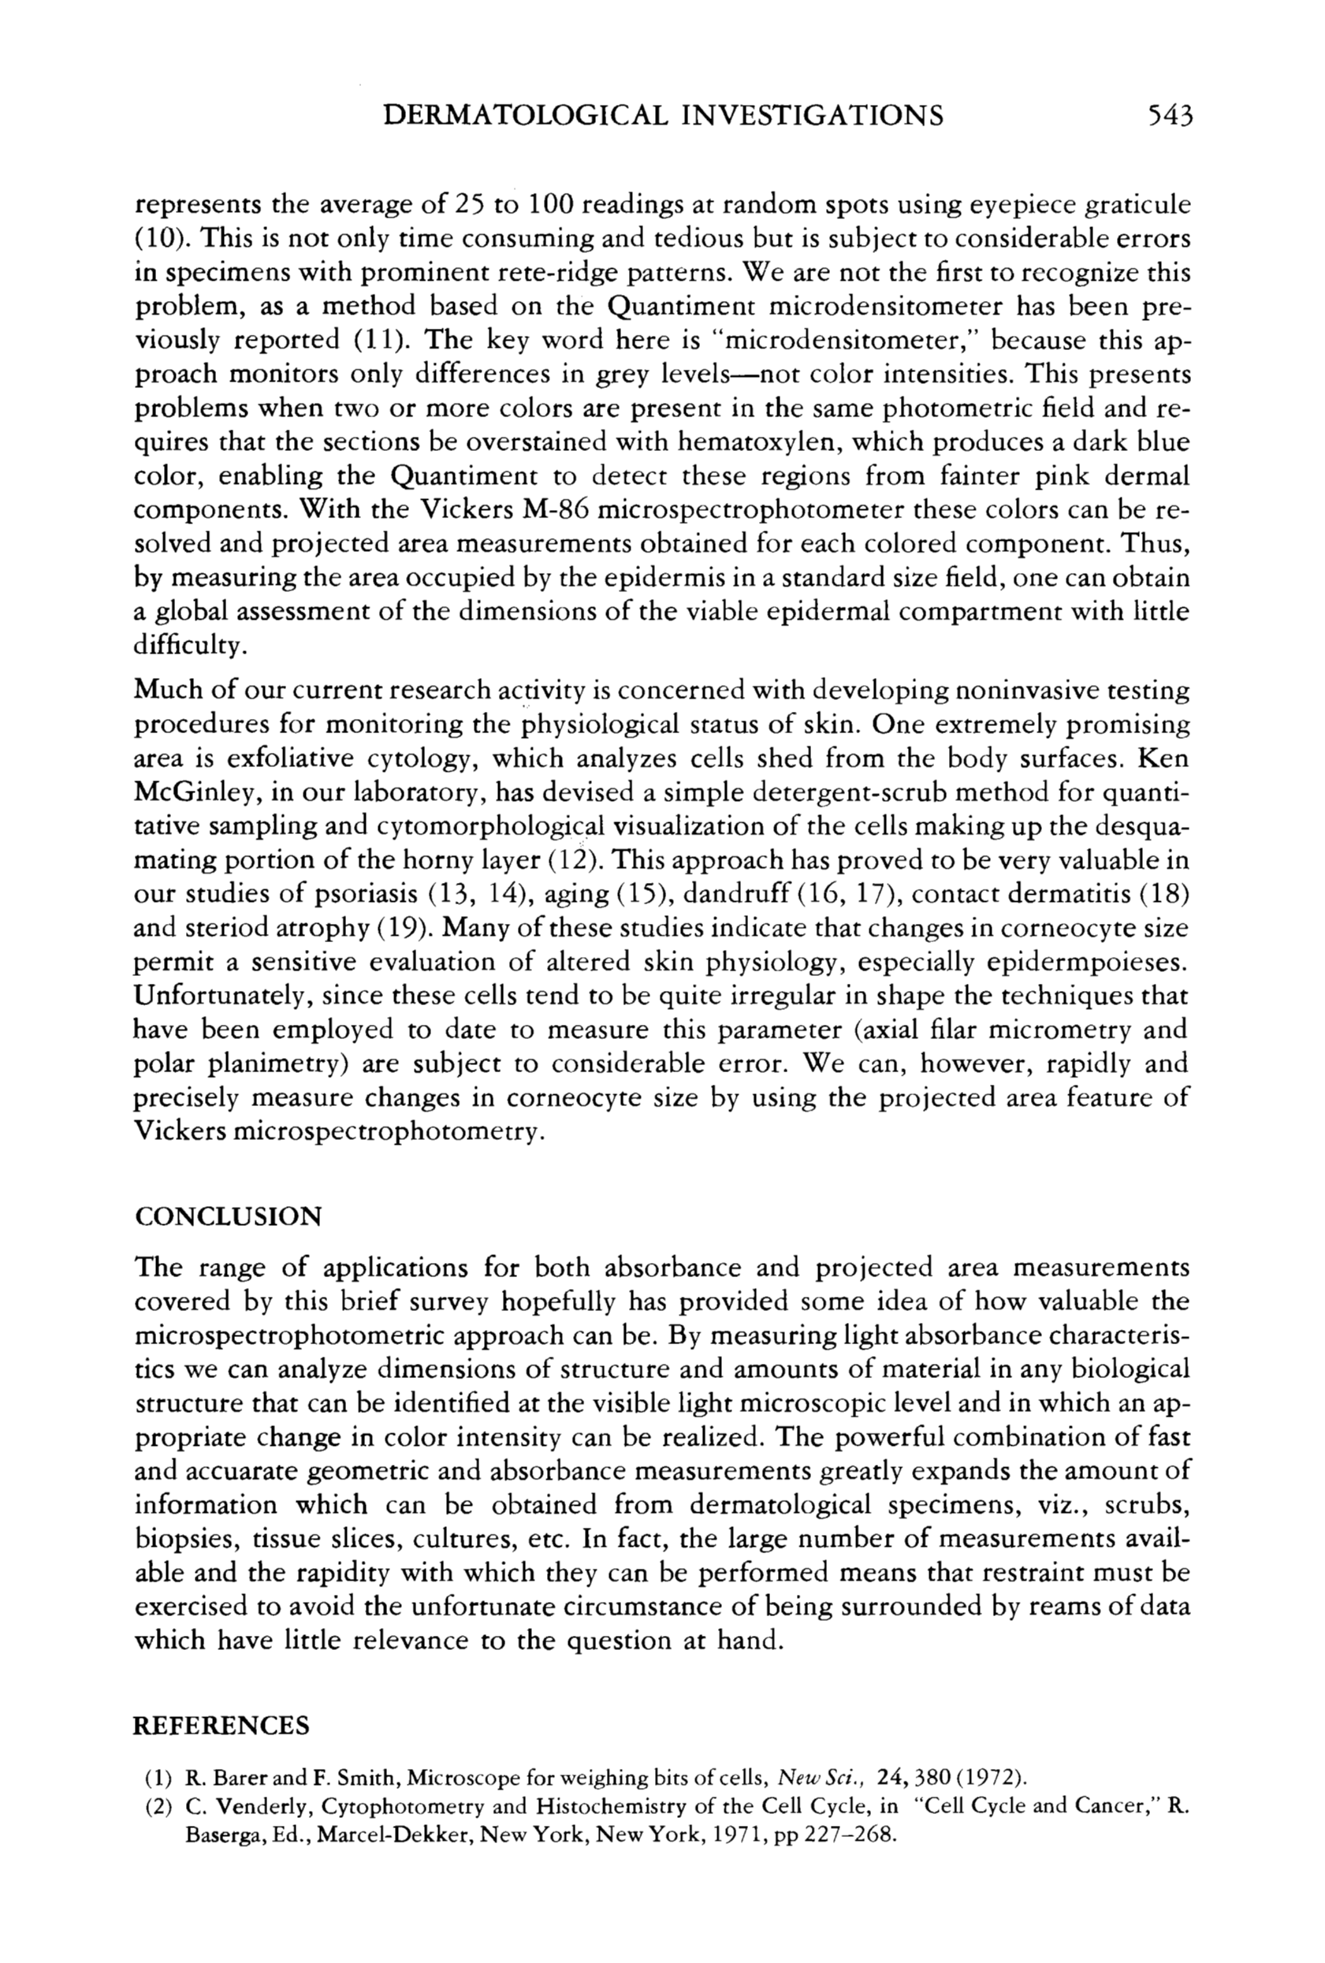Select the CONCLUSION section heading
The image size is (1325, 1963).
click(x=228, y=1217)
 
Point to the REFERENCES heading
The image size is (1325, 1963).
click(x=221, y=1725)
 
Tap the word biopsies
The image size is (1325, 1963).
click(x=177, y=1540)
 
